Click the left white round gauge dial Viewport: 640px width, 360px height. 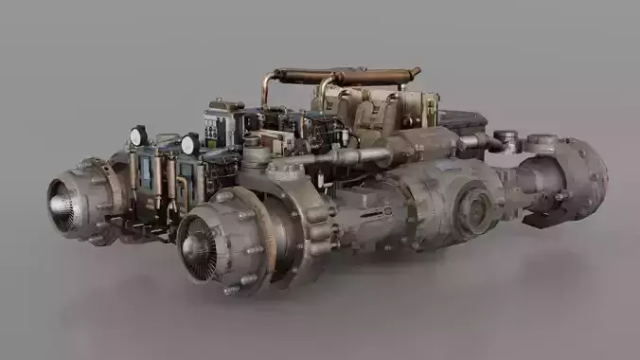click(x=138, y=135)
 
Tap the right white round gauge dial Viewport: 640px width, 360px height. click(x=189, y=144)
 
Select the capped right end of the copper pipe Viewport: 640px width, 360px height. click(x=414, y=73)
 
